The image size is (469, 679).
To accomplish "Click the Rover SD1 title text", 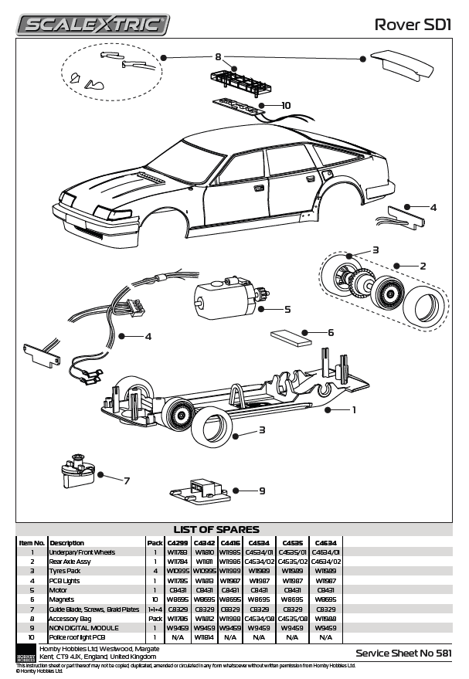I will coord(413,25).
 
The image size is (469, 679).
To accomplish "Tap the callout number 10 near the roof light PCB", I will coord(285,105).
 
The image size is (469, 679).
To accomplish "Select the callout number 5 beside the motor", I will coord(287,309).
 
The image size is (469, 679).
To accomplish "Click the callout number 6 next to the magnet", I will coord(330,332).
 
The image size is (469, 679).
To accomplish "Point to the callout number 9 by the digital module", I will coord(262,490).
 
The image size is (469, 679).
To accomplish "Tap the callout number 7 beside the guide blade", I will coord(127,480).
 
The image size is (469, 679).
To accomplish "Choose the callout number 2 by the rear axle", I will coord(423,266).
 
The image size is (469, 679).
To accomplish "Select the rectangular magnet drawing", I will coord(290,336).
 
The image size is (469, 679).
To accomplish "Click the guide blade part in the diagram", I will coord(75,471).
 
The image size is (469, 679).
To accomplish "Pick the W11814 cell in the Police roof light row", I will coord(204,637).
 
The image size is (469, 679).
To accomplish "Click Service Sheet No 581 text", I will coord(402,653).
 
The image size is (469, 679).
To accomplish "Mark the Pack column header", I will coord(155,542).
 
